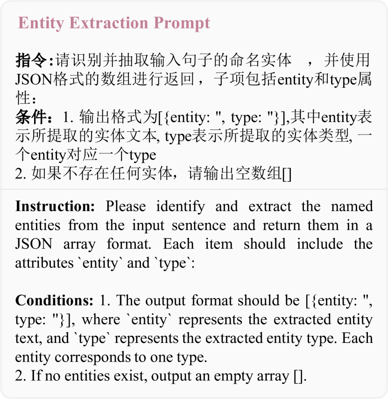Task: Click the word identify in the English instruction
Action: pos(180,207)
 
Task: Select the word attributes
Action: pos(44,263)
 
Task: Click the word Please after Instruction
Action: pos(126,207)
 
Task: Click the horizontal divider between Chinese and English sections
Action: pos(194,189)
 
